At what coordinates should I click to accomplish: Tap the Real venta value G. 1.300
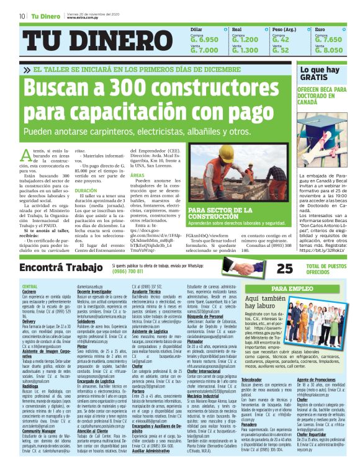(x=245, y=50)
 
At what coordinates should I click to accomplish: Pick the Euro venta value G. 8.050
(x=329, y=50)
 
